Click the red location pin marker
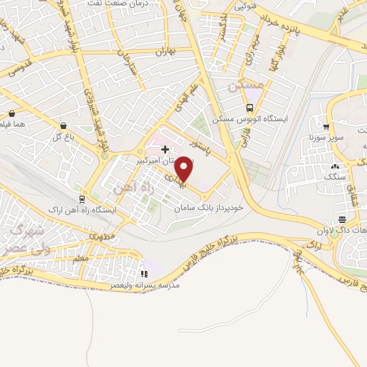pos(184,168)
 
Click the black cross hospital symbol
pos(166,150)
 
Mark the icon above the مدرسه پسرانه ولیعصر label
pos(144,273)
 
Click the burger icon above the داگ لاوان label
pos(343,219)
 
